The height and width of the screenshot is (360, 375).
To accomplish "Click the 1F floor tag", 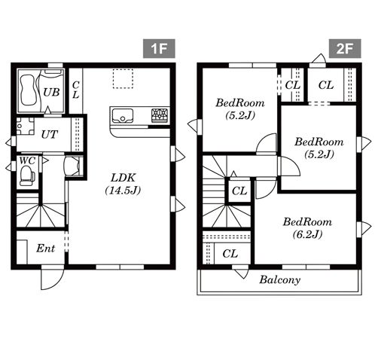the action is [x=159, y=48].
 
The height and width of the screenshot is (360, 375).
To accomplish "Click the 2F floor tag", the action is [x=345, y=48].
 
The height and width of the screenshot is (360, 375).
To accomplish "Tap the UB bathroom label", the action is [x=51, y=93].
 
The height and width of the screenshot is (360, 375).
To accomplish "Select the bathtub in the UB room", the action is [x=28, y=90].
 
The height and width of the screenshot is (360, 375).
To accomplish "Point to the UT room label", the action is [x=50, y=135].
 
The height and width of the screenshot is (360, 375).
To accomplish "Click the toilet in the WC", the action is [x=26, y=175].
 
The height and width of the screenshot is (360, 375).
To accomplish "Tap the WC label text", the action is [x=27, y=160].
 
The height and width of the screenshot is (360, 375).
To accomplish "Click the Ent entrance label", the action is [x=46, y=249].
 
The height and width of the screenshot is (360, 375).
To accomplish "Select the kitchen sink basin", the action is [x=122, y=116].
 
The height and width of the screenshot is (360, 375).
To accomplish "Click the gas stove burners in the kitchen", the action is [x=160, y=115].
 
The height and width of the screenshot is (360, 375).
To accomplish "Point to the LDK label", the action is [x=123, y=178].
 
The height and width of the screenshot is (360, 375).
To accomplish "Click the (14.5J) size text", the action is [x=123, y=191].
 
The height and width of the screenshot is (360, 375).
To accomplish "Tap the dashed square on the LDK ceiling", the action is [x=123, y=78].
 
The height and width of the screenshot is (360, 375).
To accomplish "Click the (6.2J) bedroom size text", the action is [x=307, y=234].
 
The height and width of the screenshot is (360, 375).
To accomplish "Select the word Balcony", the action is [x=280, y=279].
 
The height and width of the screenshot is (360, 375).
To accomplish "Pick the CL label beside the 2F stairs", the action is [x=239, y=191].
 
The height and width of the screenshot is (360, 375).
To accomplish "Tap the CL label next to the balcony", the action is [x=230, y=254].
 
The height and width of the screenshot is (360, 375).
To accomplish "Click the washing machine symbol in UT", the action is [x=25, y=127].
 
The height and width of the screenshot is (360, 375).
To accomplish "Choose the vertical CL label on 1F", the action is [x=76, y=90].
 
